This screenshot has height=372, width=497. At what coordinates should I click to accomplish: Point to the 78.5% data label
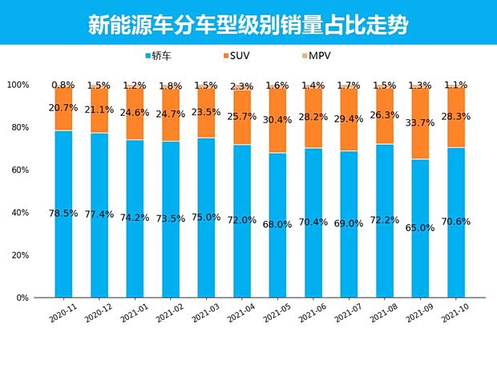[x=63, y=214]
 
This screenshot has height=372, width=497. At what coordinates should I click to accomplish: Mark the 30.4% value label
[x=277, y=120]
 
